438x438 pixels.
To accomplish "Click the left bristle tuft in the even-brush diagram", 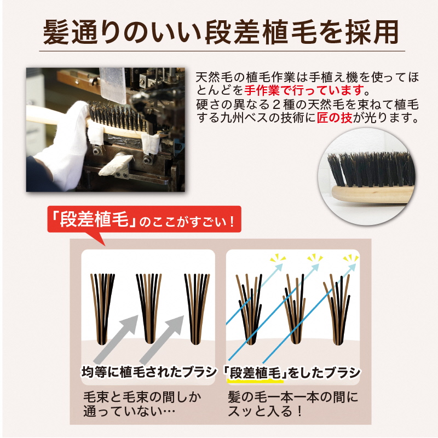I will coord(102,307).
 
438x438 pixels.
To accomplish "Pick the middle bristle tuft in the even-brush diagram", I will coord(148,307).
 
